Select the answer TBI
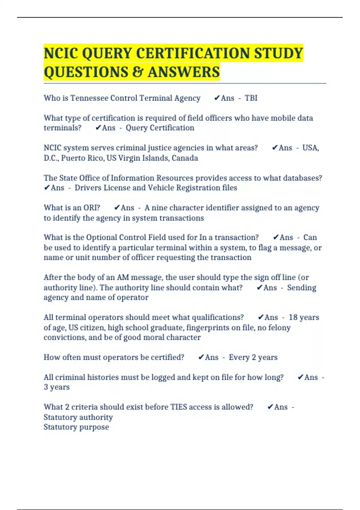pos(251,98)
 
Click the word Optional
pos(101,237)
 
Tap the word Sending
pos(301,287)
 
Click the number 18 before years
pos(293,317)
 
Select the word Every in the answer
pos(239,357)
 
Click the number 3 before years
pos(46,387)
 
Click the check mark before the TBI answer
pos(217,98)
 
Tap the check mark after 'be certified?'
pos(201,357)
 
